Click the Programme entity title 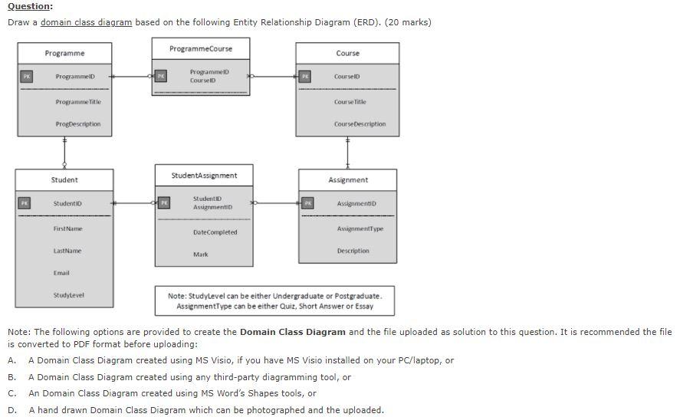click(x=64, y=54)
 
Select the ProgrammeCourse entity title click(x=201, y=49)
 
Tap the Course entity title click(x=347, y=54)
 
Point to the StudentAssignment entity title click(x=204, y=176)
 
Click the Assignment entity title click(x=348, y=180)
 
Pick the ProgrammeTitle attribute click(x=77, y=102)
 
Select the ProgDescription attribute click(x=77, y=124)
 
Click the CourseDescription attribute click(x=360, y=124)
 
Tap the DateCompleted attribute click(x=215, y=232)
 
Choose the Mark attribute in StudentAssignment click(x=201, y=254)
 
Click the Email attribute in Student click(x=62, y=273)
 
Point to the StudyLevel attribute click(x=69, y=295)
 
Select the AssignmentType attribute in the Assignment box click(x=360, y=229)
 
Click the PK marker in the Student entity click(x=25, y=203)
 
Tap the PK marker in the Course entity click(x=305, y=77)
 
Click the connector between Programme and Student click(x=64, y=153)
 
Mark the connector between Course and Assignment click(x=348, y=153)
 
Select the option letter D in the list click(x=11, y=410)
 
